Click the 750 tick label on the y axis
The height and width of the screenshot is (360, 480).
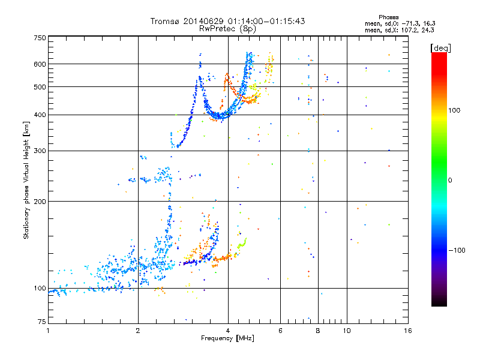coord(40,37)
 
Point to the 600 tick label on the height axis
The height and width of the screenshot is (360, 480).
coord(40,64)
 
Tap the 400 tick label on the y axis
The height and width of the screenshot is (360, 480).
coord(40,115)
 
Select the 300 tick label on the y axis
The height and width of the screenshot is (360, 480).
coord(40,151)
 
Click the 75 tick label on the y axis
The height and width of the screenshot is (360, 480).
coord(42,323)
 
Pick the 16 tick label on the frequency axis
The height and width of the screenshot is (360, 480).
coord(407,331)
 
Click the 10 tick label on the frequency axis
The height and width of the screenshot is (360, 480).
coord(346,331)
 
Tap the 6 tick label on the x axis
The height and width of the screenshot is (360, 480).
coord(280,331)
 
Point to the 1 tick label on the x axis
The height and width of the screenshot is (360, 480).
coord(48,331)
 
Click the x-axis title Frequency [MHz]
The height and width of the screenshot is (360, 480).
coord(227,338)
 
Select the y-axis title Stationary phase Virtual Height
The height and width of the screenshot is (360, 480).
coord(26,180)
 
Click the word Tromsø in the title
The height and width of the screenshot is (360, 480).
coord(164,21)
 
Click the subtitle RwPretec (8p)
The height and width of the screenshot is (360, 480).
coord(227,28)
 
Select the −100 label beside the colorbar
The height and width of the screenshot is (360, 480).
coord(457,250)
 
